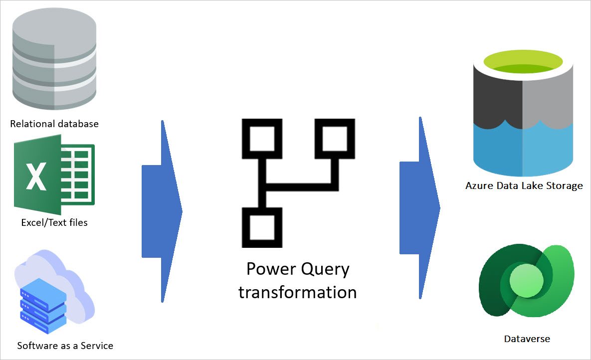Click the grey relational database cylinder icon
[x=54, y=60]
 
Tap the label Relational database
[x=54, y=124]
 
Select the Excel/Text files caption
[x=54, y=223]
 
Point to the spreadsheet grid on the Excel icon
[x=77, y=175]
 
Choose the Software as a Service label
[x=65, y=346]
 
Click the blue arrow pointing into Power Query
[x=162, y=211]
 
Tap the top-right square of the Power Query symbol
[x=334, y=139]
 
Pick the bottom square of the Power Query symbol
[x=262, y=227]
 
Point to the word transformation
[x=297, y=292]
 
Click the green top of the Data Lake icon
[x=522, y=64]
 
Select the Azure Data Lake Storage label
[x=524, y=186]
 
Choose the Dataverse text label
[x=527, y=339]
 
